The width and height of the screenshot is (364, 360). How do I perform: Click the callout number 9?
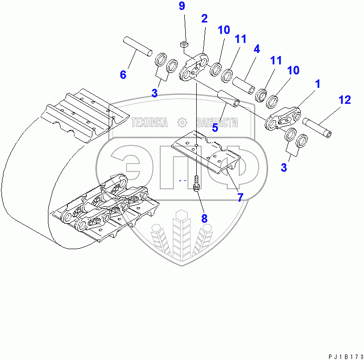click(182, 6)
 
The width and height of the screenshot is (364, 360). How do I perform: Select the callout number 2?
click(204, 18)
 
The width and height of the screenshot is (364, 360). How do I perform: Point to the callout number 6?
click(123, 75)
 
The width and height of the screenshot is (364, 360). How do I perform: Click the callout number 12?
click(345, 99)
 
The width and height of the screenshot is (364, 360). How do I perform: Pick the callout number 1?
click(317, 84)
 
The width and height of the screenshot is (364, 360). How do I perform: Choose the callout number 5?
click(215, 127)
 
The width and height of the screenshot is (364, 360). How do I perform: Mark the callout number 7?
click(240, 197)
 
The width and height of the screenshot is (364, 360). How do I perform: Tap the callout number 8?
click(204, 218)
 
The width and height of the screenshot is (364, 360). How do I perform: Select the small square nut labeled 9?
click(183, 44)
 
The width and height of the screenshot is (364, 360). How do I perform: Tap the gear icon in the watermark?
click(182, 122)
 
